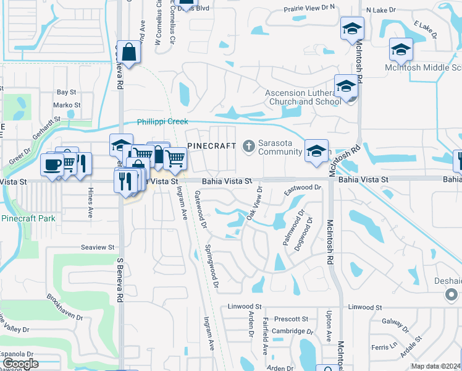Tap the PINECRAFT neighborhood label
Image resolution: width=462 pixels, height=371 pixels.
pos(211,146)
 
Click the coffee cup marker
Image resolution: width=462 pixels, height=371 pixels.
pos(52,164)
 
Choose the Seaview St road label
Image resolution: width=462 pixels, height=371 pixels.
pos(98,247)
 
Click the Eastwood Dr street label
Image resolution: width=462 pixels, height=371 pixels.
pos(303,187)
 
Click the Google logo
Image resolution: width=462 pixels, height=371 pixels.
pos(20,364)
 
